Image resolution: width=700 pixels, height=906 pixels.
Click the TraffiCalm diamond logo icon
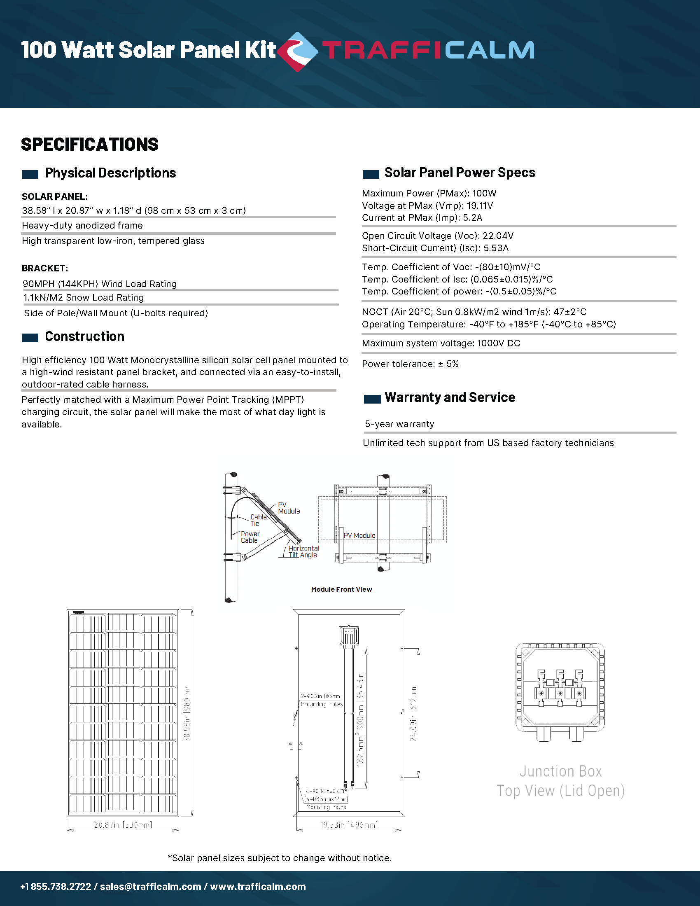(297, 51)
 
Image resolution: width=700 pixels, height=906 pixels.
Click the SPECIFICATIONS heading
(90, 145)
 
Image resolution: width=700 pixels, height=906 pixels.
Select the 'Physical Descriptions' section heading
(110, 173)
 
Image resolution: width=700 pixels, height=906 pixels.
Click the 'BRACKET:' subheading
(45, 268)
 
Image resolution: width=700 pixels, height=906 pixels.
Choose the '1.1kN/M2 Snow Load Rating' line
(83, 297)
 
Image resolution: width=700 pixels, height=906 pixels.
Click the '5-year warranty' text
(399, 424)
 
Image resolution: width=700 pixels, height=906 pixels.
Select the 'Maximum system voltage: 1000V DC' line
(441, 343)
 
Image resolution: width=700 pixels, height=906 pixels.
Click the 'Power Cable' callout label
(250, 537)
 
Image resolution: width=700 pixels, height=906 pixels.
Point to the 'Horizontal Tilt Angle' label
(303, 552)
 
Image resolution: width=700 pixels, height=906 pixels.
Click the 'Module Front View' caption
(341, 589)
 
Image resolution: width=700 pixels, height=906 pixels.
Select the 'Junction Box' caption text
(560, 771)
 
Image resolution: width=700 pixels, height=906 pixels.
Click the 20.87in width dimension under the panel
(123, 825)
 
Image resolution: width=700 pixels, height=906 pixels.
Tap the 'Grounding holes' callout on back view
(322, 704)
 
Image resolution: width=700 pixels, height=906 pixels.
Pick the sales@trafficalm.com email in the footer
(151, 887)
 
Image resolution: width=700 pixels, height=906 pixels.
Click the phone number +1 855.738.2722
(56, 887)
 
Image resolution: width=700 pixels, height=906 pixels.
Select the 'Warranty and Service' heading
(450, 397)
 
